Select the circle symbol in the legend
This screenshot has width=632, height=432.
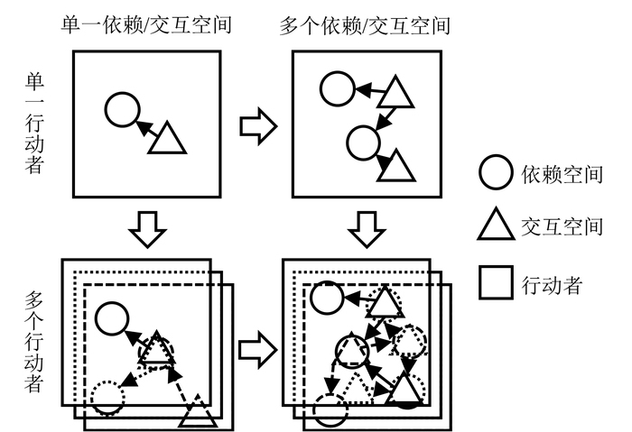[496, 173]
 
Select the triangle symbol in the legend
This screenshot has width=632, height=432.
[496, 226]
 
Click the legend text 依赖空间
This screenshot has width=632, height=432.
[562, 174]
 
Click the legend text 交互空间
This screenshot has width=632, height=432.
[562, 226]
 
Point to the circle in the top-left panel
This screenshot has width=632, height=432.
[122, 110]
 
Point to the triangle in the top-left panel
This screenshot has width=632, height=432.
[166, 140]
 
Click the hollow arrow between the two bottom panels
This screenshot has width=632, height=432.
[257, 348]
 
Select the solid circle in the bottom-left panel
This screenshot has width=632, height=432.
[111, 318]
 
